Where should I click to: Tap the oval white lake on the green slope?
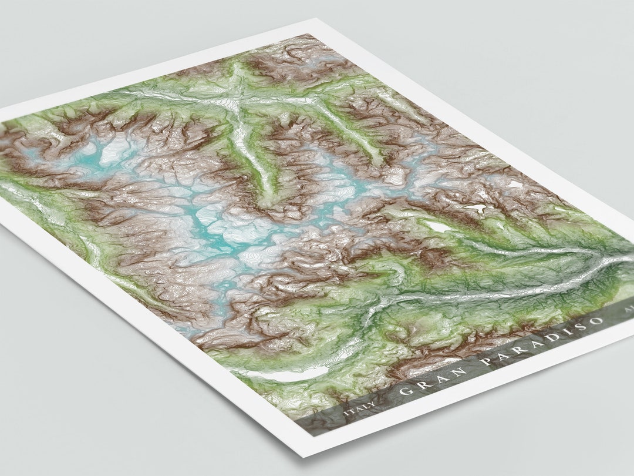[437, 226]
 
